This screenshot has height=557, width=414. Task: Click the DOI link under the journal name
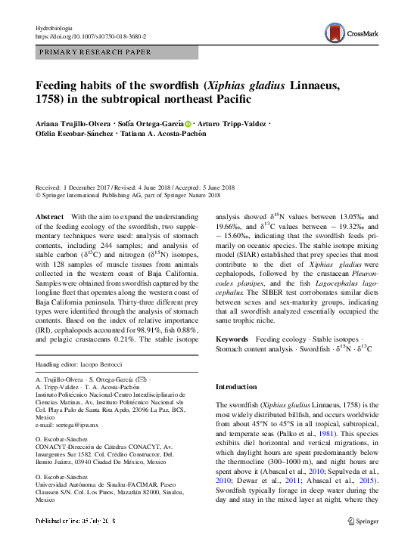tap(91, 36)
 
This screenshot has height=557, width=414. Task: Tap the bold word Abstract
tap(49, 216)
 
